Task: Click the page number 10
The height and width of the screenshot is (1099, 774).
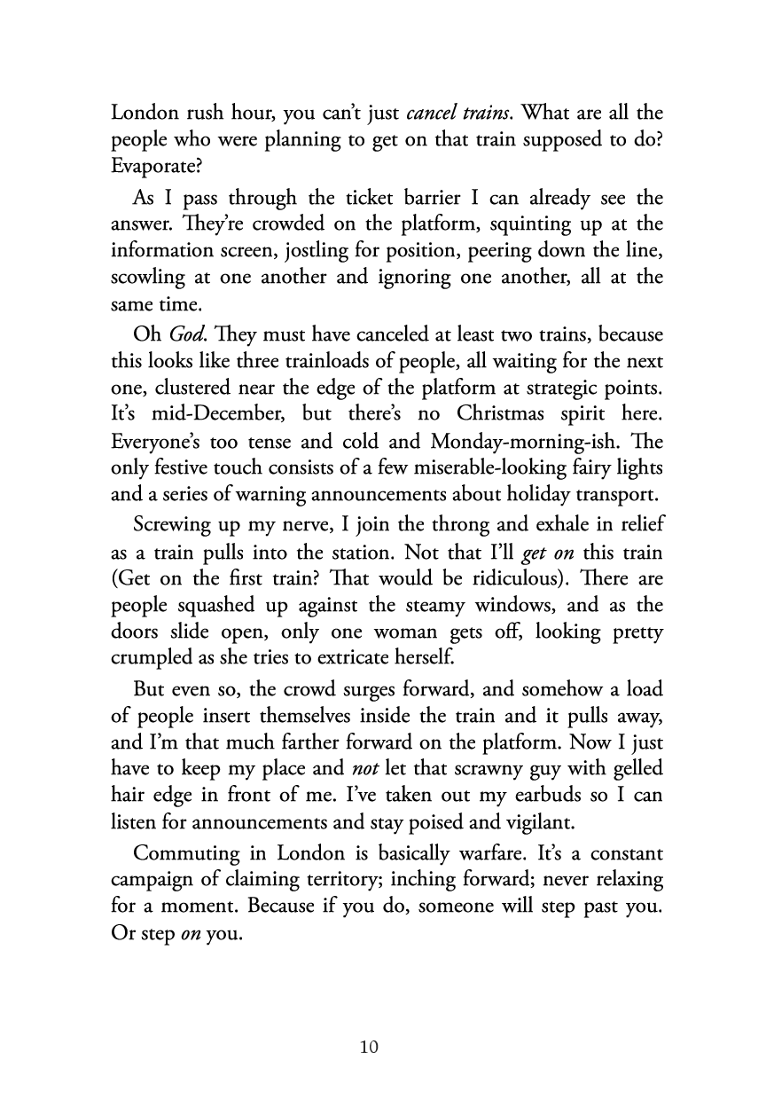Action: (x=370, y=1048)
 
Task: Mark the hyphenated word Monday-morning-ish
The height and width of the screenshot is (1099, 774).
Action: (x=520, y=445)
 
